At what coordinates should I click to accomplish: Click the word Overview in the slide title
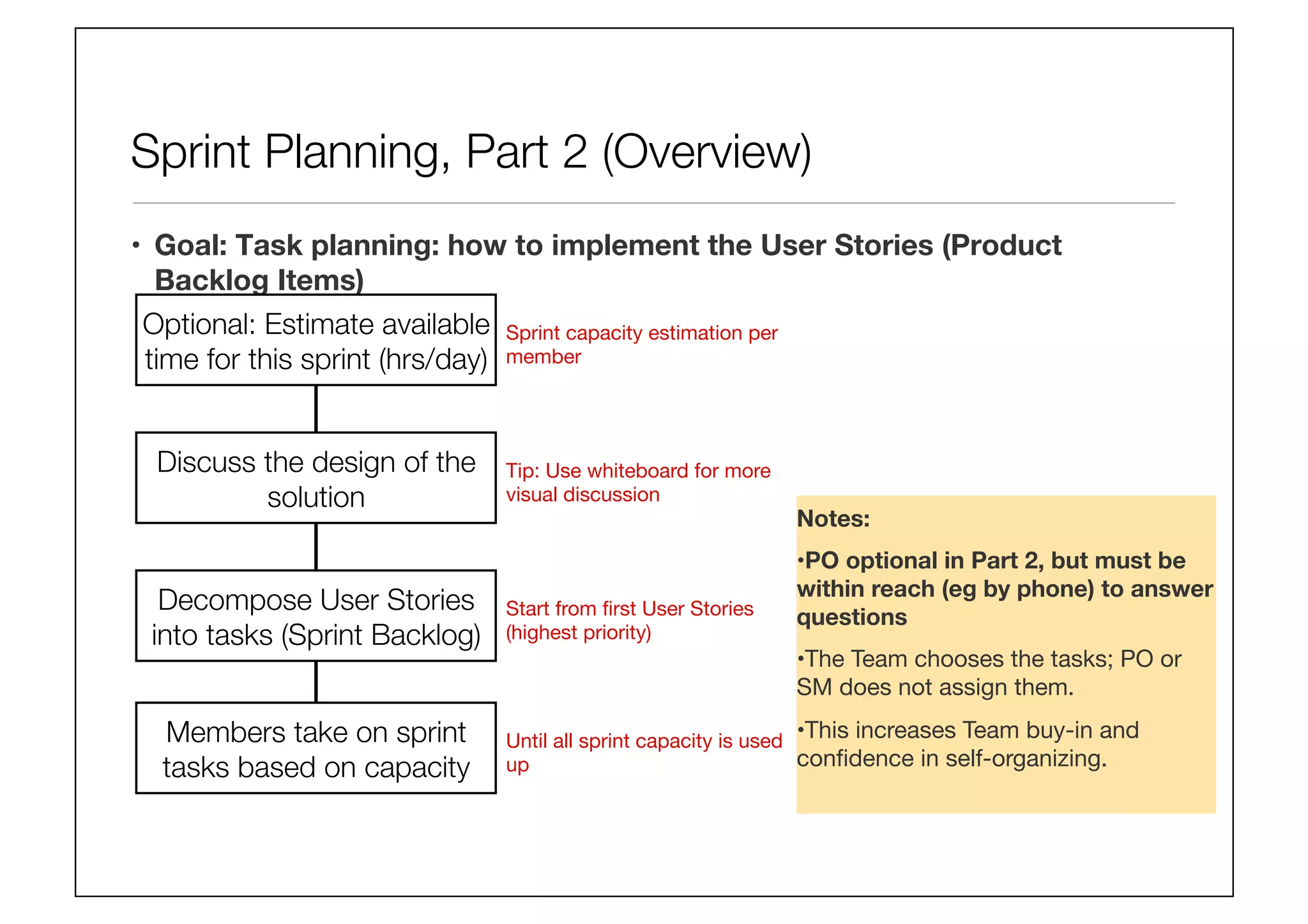tap(707, 153)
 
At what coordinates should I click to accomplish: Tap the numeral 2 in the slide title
tap(574, 153)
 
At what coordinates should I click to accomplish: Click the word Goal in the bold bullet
tap(190, 246)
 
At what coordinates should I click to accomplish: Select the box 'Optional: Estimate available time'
tap(316, 340)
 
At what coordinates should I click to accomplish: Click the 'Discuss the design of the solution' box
tap(316, 478)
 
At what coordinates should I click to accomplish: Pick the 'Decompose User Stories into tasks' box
tap(316, 616)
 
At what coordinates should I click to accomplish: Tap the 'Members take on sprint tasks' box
tap(316, 748)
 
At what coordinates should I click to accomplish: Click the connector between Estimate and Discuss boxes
tap(316, 409)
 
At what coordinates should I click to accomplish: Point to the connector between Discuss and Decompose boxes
tap(316, 547)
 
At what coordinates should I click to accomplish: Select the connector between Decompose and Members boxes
tap(316, 682)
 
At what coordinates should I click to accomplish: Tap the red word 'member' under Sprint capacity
tap(544, 357)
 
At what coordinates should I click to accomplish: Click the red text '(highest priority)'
tap(579, 633)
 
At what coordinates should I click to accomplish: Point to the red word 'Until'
tap(527, 741)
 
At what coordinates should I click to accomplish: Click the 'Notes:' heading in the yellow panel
tap(833, 519)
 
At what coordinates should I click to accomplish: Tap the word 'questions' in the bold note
tap(852, 617)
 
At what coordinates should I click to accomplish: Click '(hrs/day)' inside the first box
tap(433, 360)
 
